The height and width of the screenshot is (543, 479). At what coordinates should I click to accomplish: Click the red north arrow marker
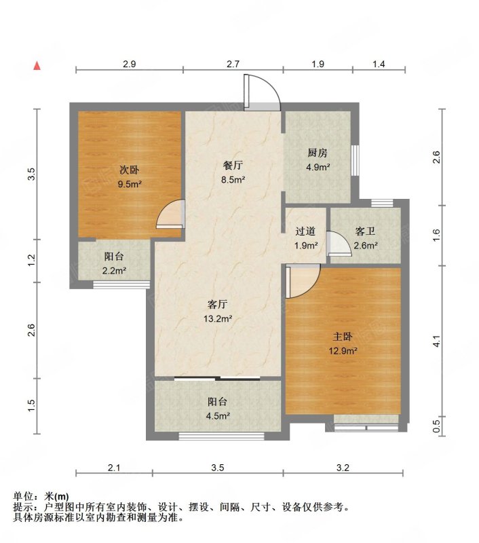[37, 66]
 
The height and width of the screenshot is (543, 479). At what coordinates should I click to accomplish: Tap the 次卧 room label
[129, 170]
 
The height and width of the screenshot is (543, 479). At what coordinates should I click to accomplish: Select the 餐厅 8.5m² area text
[233, 172]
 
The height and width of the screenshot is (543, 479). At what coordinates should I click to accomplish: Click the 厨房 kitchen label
[318, 153]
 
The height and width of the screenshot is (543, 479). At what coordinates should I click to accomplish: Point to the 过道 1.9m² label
[306, 238]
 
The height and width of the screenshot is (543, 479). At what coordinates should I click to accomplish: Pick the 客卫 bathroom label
[365, 231]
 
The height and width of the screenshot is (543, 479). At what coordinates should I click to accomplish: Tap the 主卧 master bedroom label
[343, 337]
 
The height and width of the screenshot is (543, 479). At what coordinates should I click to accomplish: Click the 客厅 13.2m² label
[217, 312]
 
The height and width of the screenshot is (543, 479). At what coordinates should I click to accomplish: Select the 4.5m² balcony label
[218, 416]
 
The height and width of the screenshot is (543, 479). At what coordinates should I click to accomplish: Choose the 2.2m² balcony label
[114, 271]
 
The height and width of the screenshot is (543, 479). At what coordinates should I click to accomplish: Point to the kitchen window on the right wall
[355, 160]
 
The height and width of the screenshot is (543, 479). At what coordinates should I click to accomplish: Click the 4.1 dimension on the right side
[437, 341]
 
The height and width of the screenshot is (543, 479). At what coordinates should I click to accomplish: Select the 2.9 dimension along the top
[129, 64]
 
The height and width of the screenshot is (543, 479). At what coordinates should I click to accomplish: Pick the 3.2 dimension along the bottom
[343, 468]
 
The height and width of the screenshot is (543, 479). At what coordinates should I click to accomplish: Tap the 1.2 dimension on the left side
[31, 261]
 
